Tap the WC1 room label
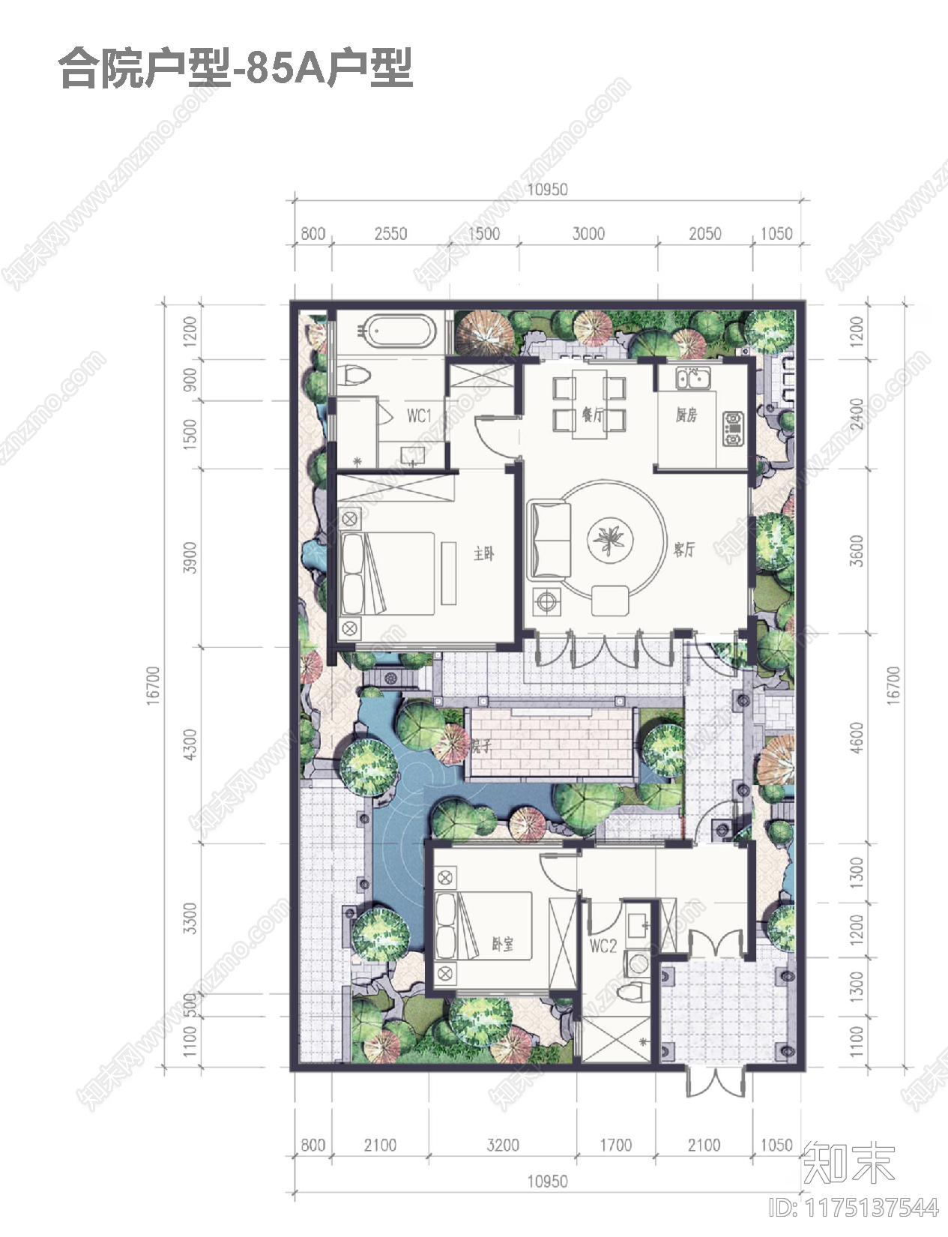(x=420, y=415)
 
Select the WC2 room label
(x=603, y=945)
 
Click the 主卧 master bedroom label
(x=484, y=554)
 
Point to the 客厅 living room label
(x=684, y=550)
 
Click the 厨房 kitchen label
(x=686, y=415)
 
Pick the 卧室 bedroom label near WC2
(x=503, y=944)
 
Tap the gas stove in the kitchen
(x=733, y=428)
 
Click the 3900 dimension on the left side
(x=190, y=557)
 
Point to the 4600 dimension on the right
(x=857, y=737)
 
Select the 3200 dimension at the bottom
(x=502, y=1145)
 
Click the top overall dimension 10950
(x=547, y=190)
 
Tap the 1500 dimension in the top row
(x=483, y=233)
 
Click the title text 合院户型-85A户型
(x=236, y=68)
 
